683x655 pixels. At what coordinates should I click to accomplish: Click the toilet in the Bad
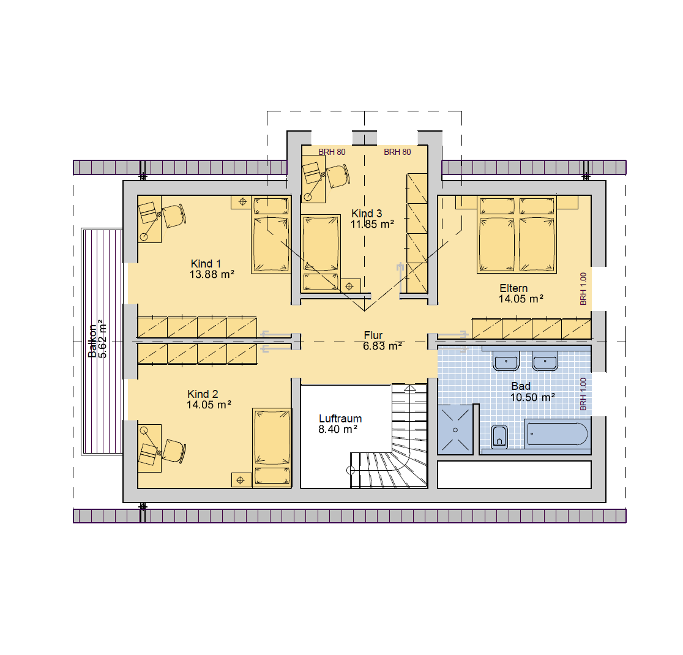(x=499, y=436)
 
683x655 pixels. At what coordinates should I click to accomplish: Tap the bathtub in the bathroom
(x=557, y=433)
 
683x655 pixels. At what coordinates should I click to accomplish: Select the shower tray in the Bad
(x=455, y=430)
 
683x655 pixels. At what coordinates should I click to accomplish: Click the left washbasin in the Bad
(x=506, y=362)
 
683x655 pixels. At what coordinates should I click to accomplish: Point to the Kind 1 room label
(x=206, y=264)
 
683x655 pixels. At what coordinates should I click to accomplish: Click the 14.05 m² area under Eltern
(x=521, y=299)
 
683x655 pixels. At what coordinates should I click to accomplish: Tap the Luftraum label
(x=340, y=418)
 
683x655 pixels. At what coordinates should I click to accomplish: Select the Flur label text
(x=373, y=335)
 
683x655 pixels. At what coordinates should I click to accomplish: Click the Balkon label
(x=92, y=341)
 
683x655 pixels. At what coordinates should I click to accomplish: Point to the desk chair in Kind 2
(x=174, y=451)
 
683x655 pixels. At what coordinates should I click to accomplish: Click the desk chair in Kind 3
(x=338, y=176)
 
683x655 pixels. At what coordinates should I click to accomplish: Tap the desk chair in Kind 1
(x=174, y=215)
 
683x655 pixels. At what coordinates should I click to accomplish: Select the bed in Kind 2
(x=272, y=446)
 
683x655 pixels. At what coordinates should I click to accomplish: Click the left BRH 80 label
(x=332, y=152)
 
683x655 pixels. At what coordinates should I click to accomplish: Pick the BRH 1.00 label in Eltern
(x=583, y=289)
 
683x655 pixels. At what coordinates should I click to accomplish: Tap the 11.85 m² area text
(x=373, y=224)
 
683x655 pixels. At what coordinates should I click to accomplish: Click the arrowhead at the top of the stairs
(x=410, y=387)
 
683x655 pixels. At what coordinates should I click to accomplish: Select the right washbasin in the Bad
(x=545, y=362)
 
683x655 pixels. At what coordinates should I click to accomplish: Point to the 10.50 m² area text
(x=532, y=397)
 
